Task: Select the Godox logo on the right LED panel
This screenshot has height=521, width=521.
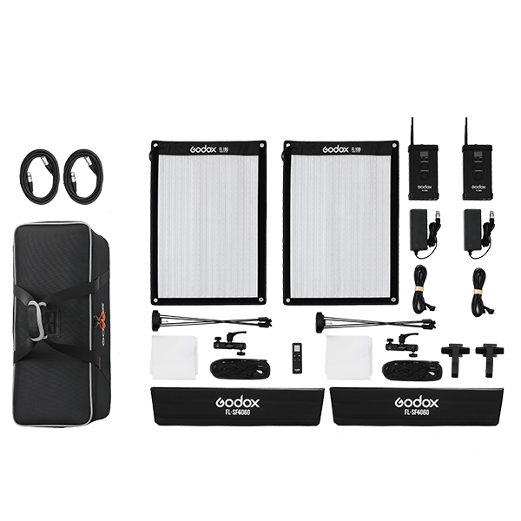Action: tap(308, 149)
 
